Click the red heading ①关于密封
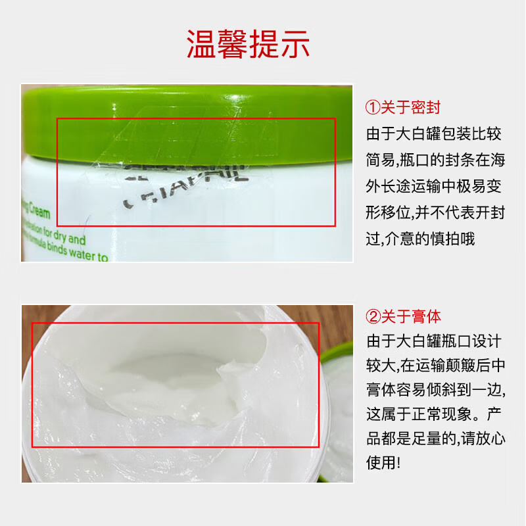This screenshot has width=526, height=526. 403,108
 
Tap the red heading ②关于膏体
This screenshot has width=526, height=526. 403,316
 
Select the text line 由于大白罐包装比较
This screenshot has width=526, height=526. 434,134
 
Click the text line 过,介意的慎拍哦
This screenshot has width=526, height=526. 420,238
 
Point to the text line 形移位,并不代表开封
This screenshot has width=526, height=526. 434,212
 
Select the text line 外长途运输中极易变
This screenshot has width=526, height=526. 434,186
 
